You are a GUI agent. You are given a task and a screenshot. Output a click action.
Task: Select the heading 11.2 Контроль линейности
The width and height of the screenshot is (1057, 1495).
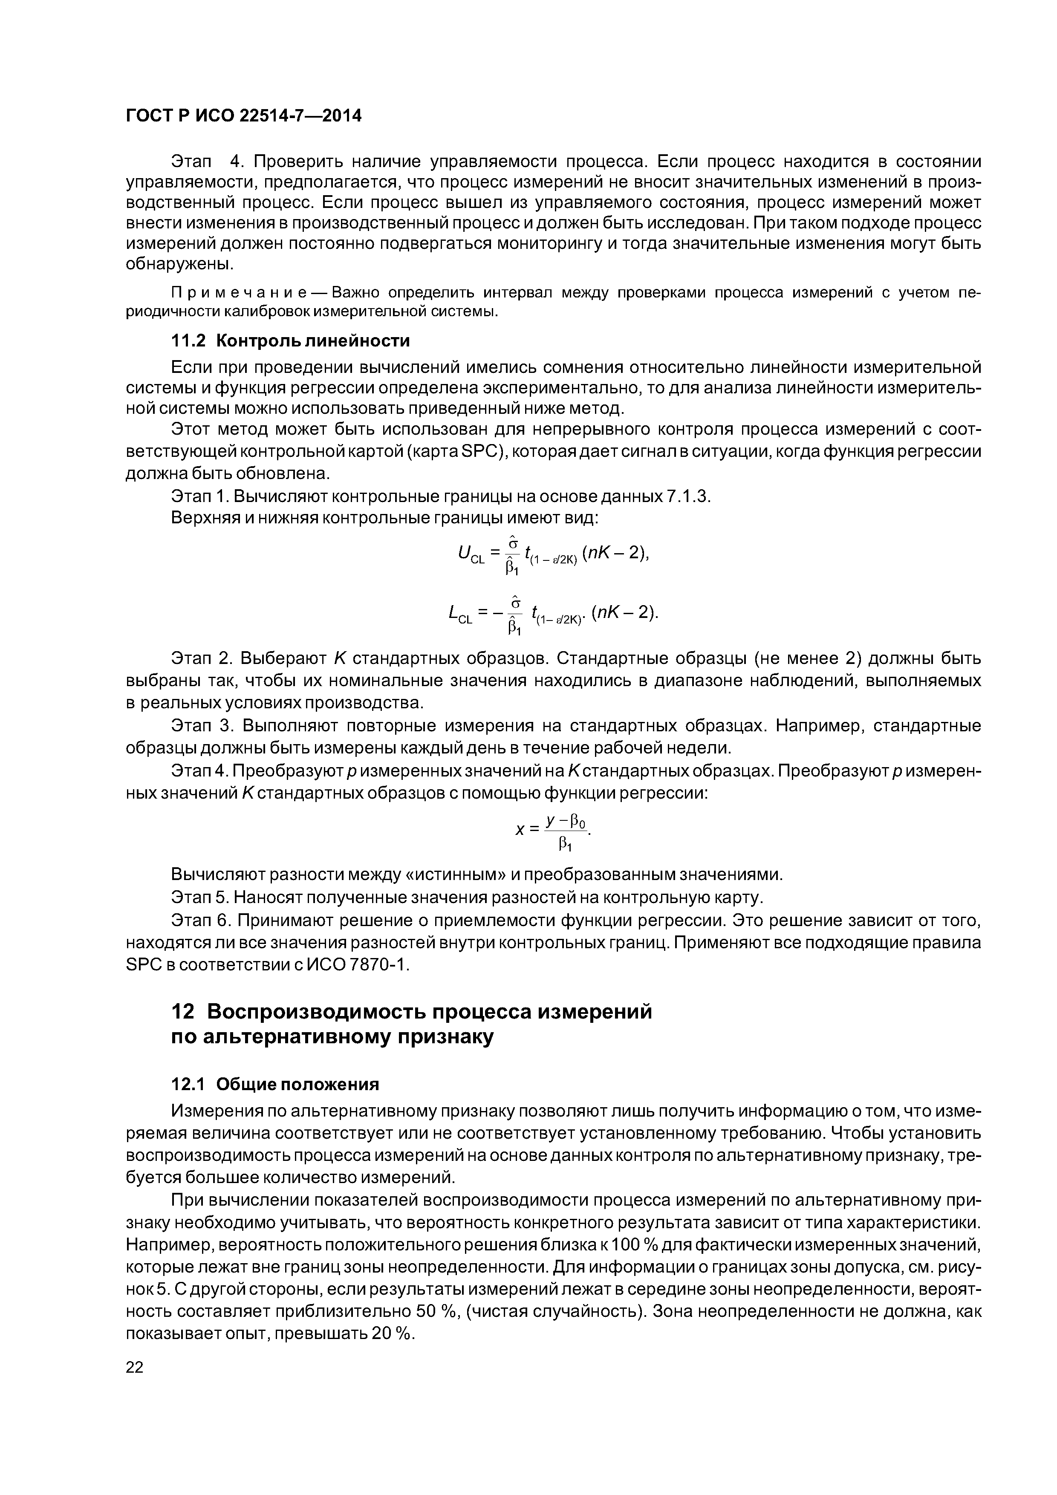click(x=290, y=341)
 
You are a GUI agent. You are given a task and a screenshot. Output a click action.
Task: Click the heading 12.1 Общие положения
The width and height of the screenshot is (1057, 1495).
click(x=274, y=1084)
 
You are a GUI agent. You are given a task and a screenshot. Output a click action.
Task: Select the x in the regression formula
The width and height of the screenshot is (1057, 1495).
click(x=520, y=830)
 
